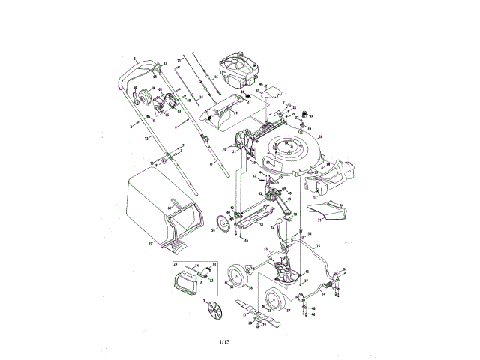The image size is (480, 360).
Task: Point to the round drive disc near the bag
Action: [221, 223]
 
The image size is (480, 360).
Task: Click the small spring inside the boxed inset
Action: [203, 271]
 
